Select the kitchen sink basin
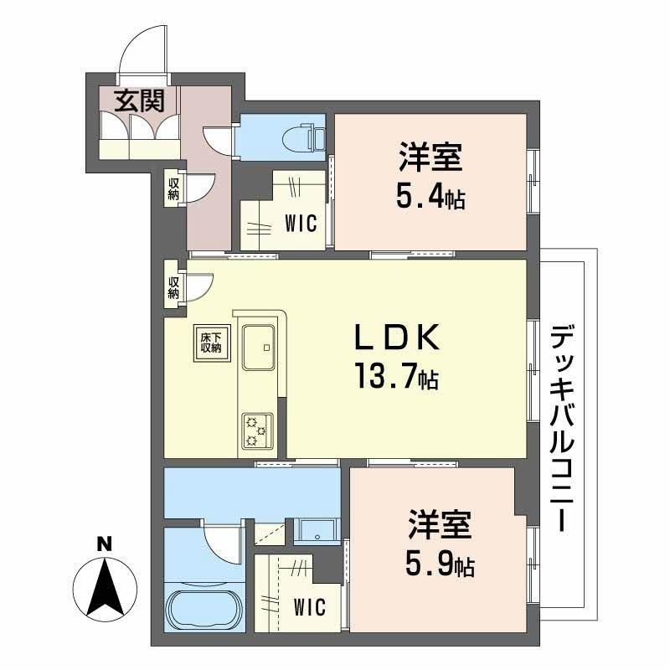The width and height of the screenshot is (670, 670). pyautogui.click(x=259, y=347)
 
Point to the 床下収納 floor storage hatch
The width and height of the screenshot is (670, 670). pyautogui.click(x=212, y=343)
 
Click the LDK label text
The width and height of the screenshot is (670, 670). pyautogui.click(x=397, y=338)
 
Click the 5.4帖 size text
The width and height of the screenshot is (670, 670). pyautogui.click(x=430, y=198)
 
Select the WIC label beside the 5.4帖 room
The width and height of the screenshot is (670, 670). pyautogui.click(x=301, y=224)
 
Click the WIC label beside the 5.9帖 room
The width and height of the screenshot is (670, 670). pyautogui.click(x=309, y=606)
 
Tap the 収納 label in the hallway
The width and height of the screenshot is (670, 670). pyautogui.click(x=173, y=188)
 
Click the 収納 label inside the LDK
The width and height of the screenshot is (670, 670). pyautogui.click(x=173, y=287)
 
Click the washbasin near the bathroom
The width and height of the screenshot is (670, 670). pyautogui.click(x=317, y=530)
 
